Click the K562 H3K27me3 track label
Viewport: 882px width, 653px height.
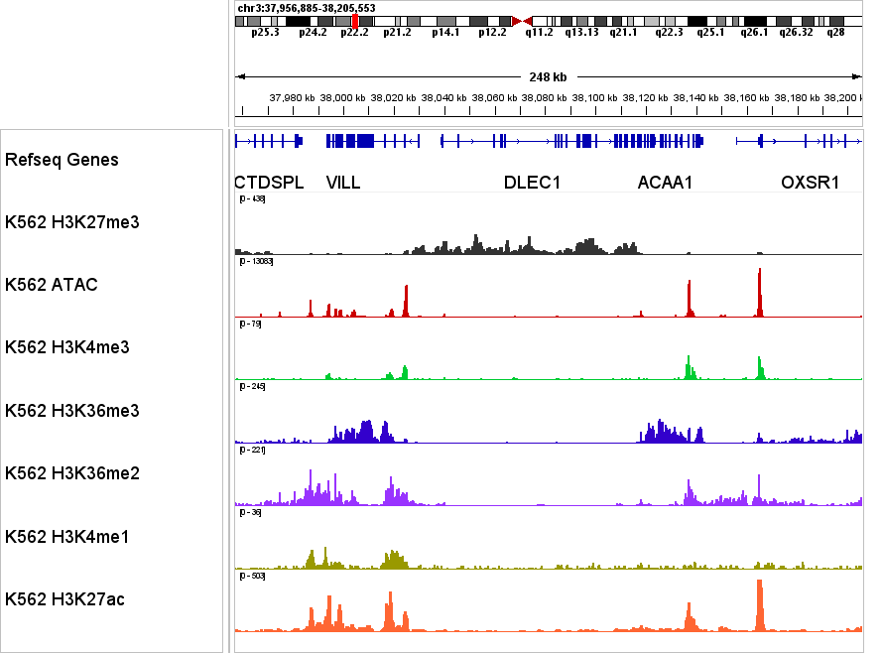pyautogui.click(x=71, y=222)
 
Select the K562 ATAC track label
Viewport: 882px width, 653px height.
pyautogui.click(x=51, y=285)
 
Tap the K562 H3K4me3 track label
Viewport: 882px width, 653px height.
pyautogui.click(x=66, y=347)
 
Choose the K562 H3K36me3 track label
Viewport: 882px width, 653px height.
pyautogui.click(x=71, y=411)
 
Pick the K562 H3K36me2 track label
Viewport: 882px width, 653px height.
pyautogui.click(x=71, y=473)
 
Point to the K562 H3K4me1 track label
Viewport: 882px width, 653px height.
pyautogui.click(x=66, y=537)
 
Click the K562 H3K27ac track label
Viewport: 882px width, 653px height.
pyautogui.click(x=64, y=599)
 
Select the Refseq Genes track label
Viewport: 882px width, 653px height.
pyautogui.click(x=62, y=160)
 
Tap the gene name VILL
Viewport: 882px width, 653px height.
pyautogui.click(x=343, y=183)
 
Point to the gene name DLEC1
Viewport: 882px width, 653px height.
pyautogui.click(x=532, y=183)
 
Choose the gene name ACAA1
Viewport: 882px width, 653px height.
pyautogui.click(x=665, y=183)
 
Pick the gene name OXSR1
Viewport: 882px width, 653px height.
pyautogui.click(x=810, y=183)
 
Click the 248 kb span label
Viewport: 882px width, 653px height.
pyautogui.click(x=548, y=76)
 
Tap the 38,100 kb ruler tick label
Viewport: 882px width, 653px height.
pyautogui.click(x=596, y=97)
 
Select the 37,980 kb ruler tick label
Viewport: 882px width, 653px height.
pyautogui.click(x=292, y=97)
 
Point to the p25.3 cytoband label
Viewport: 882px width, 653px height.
pyautogui.click(x=265, y=33)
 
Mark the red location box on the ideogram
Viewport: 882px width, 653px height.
pyautogui.click(x=355, y=20)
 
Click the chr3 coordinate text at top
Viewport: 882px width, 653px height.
pyautogui.click(x=306, y=7)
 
